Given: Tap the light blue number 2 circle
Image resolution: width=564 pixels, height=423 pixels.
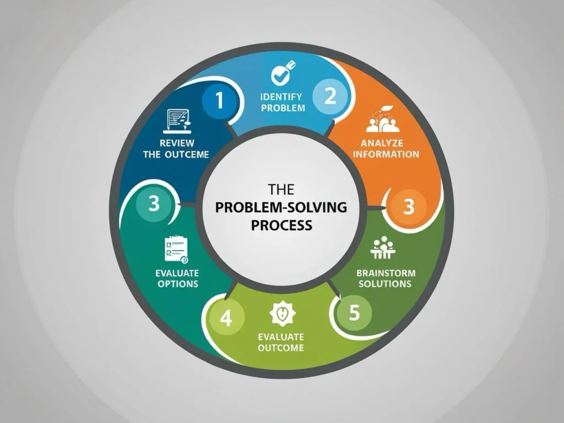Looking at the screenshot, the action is click(x=330, y=96).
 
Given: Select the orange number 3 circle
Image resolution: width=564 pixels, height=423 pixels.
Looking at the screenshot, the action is click(x=408, y=207).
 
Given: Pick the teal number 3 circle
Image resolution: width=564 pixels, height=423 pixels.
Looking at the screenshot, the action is click(x=154, y=203).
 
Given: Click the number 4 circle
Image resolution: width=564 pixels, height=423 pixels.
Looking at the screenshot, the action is click(x=226, y=318).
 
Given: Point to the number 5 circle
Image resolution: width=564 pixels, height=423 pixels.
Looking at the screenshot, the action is click(x=354, y=312).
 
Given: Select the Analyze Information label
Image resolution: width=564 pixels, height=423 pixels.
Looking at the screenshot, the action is click(x=386, y=149).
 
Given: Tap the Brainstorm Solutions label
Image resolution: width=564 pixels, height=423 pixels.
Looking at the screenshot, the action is click(x=386, y=278).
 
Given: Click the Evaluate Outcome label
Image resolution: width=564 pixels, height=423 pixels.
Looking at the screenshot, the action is click(x=281, y=343).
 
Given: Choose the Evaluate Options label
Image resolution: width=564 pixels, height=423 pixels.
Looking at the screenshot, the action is click(x=177, y=278).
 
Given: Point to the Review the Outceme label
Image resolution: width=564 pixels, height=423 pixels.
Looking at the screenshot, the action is click(x=176, y=149).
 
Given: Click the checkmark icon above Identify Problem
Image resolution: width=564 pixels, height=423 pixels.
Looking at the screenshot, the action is click(x=283, y=73).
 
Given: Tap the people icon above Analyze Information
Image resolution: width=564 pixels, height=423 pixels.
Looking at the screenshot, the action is click(x=383, y=119).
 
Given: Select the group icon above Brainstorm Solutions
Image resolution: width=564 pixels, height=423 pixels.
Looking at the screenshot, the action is click(x=383, y=247).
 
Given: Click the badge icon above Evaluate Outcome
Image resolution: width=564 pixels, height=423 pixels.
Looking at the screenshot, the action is click(x=283, y=313).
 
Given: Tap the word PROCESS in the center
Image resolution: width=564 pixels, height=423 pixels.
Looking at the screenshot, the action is click(x=281, y=225).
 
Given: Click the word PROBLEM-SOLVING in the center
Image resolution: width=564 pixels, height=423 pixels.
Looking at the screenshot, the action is click(x=281, y=208).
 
